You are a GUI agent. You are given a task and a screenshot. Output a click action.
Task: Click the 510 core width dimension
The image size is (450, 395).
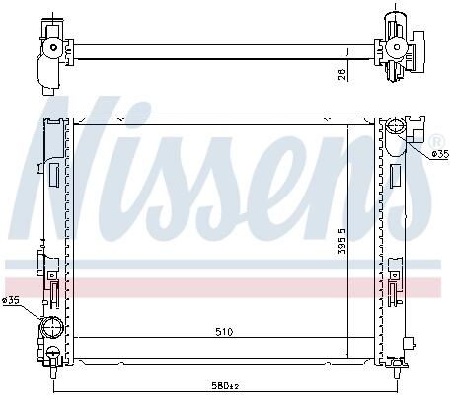(224, 331)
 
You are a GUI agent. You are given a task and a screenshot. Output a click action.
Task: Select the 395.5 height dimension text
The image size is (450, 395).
(342, 241)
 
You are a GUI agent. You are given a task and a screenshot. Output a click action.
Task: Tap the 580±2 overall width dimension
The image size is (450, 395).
(225, 385)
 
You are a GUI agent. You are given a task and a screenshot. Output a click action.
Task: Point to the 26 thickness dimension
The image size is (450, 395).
(342, 74)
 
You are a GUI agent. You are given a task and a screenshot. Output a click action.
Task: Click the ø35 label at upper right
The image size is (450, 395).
(440, 154)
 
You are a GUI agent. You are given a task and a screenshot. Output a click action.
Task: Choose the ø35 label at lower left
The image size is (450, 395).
(10, 300)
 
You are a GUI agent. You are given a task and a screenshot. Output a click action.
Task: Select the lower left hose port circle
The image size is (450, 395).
(51, 326)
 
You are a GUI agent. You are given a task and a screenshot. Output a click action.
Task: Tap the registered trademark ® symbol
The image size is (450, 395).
(436, 142)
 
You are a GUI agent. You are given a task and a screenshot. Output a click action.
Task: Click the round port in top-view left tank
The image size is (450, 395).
(53, 47)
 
